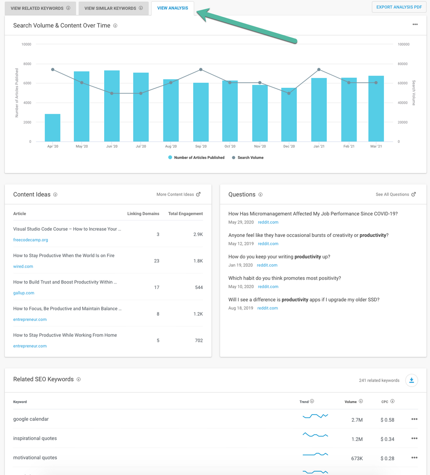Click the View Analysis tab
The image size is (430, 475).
pos(173,8)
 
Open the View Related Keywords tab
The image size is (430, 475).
pos(40,8)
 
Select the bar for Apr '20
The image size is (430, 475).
pos(52,128)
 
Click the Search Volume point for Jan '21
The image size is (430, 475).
pos(319,70)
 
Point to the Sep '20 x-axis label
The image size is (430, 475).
pos(201,147)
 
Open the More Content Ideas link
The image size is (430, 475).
pos(178,194)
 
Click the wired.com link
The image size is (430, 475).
pos(23,266)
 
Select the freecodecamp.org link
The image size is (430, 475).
pos(31,240)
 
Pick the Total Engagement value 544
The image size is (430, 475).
pos(199,288)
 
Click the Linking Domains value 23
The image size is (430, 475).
pos(157,261)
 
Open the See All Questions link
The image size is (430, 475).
pos(396,194)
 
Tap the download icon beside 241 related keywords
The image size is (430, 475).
pos(412,381)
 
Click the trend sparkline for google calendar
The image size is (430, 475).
pos(315,416)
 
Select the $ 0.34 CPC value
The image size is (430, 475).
pos(387,439)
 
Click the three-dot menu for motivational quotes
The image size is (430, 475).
pos(414,458)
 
